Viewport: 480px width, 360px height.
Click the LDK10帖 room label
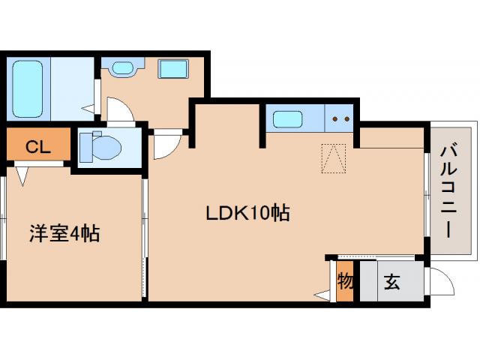(x=248, y=213)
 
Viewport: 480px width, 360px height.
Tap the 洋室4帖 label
(x=64, y=233)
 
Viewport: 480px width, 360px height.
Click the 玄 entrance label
(x=391, y=283)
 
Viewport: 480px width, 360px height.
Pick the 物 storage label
(x=345, y=283)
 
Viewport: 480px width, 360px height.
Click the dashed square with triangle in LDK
(x=333, y=157)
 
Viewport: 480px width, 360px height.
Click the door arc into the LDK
(x=166, y=145)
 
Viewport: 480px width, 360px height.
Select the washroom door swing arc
(x=120, y=112)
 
